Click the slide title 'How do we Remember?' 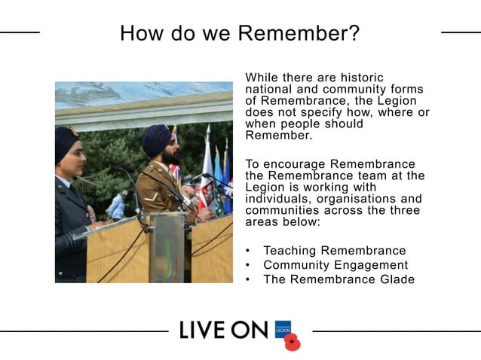tap(240, 33)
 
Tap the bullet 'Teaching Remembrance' tap(334, 251)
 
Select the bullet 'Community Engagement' tap(335, 265)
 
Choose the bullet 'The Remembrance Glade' tap(339, 279)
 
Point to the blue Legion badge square tap(283, 328)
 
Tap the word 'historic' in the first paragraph tap(358, 78)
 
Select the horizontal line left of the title tap(20, 32)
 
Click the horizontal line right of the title tap(461, 32)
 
